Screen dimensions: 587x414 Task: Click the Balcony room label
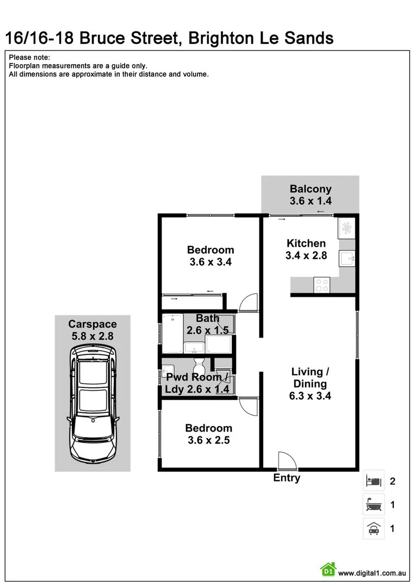point(310,189)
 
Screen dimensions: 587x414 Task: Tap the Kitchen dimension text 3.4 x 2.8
point(306,255)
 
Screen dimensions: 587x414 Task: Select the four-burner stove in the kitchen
point(322,284)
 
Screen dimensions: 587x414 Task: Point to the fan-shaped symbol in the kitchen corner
point(346,228)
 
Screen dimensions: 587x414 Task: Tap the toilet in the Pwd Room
point(198,363)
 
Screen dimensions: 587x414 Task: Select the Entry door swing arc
point(287,461)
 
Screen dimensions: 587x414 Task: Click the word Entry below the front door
point(287,478)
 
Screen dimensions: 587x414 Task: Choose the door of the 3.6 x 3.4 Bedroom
point(248,303)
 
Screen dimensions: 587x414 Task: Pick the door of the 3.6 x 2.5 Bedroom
point(248,406)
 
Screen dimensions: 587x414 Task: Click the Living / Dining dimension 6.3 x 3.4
point(310,396)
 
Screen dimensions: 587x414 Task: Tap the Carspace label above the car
point(92,324)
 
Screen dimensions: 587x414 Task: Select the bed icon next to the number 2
point(374,481)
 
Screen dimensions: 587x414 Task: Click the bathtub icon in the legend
point(374,505)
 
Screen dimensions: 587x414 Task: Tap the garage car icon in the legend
point(374,528)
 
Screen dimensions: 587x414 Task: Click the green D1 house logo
point(328,570)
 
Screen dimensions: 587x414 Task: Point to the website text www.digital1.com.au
point(373,573)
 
